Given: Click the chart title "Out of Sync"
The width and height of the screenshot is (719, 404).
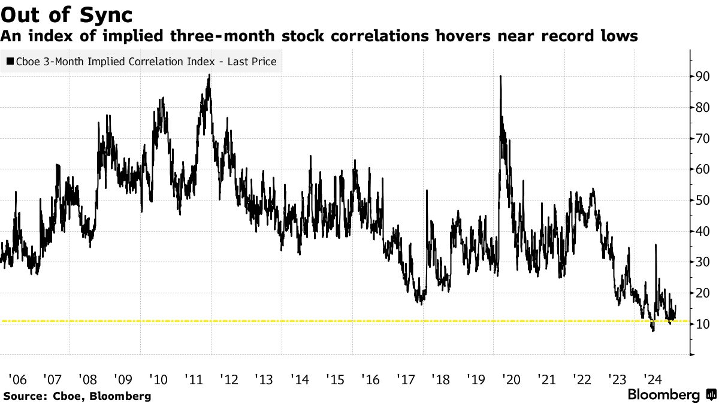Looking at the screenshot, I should (67, 14).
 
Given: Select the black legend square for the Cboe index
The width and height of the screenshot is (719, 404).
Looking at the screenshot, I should (10, 62).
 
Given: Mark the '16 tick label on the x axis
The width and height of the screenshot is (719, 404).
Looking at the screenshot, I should (370, 379).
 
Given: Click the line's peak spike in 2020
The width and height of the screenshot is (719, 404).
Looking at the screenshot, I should (500, 76).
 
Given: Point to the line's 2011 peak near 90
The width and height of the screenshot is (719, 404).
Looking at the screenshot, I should (209, 75).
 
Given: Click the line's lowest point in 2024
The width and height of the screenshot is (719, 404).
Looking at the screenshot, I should (653, 330).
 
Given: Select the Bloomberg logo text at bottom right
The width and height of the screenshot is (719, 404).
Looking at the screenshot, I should (663, 395).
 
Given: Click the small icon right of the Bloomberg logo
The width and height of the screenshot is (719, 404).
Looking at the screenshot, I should (711, 395).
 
